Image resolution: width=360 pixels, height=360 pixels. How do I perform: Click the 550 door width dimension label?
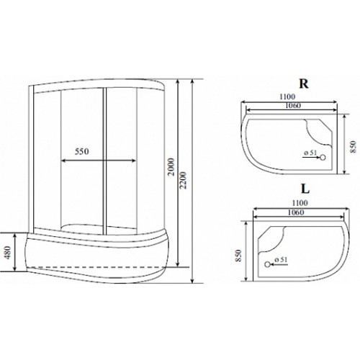(82, 151)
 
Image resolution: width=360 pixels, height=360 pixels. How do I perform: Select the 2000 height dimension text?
(171, 167)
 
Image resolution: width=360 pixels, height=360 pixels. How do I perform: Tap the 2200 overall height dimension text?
(184, 180)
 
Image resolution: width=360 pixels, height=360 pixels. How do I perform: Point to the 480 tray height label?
(8, 253)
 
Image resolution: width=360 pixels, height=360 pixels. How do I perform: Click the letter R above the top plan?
(304, 84)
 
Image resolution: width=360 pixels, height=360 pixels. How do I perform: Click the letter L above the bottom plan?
(305, 189)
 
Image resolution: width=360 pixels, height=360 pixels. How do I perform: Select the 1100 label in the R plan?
(287, 96)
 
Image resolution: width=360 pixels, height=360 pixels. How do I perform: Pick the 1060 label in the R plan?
(293, 105)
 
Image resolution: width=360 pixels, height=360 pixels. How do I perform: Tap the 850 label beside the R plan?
(353, 147)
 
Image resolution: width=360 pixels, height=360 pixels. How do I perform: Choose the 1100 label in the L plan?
(300, 203)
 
